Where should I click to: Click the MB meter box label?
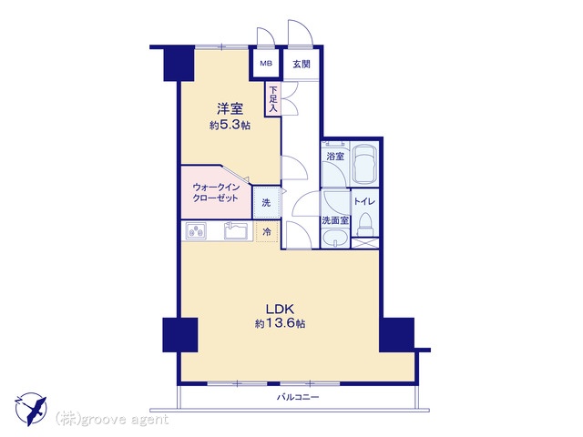tap(266, 64)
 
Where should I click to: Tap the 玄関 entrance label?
tap(302, 64)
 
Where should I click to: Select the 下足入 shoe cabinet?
tap(273, 99)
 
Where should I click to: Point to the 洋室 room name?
tap(230, 109)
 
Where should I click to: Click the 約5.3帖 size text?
tap(230, 126)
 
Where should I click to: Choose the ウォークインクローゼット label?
tap(215, 192)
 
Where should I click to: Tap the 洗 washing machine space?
tap(267, 202)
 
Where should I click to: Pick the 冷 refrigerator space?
tap(267, 232)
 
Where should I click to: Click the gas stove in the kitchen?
tap(196, 231)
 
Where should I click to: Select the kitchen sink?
tap(237, 231)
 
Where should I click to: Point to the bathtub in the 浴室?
tap(364, 164)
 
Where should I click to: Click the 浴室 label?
tap(335, 156)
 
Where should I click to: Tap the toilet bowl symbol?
tap(365, 225)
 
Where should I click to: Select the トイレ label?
tap(364, 202)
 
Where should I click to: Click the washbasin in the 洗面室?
tap(335, 237)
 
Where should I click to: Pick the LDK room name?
tap(280, 310)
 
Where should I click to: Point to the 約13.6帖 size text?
tap(281, 324)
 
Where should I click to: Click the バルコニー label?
tap(298, 397)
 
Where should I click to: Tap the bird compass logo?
tap(31, 409)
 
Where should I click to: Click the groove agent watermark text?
tap(111, 420)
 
